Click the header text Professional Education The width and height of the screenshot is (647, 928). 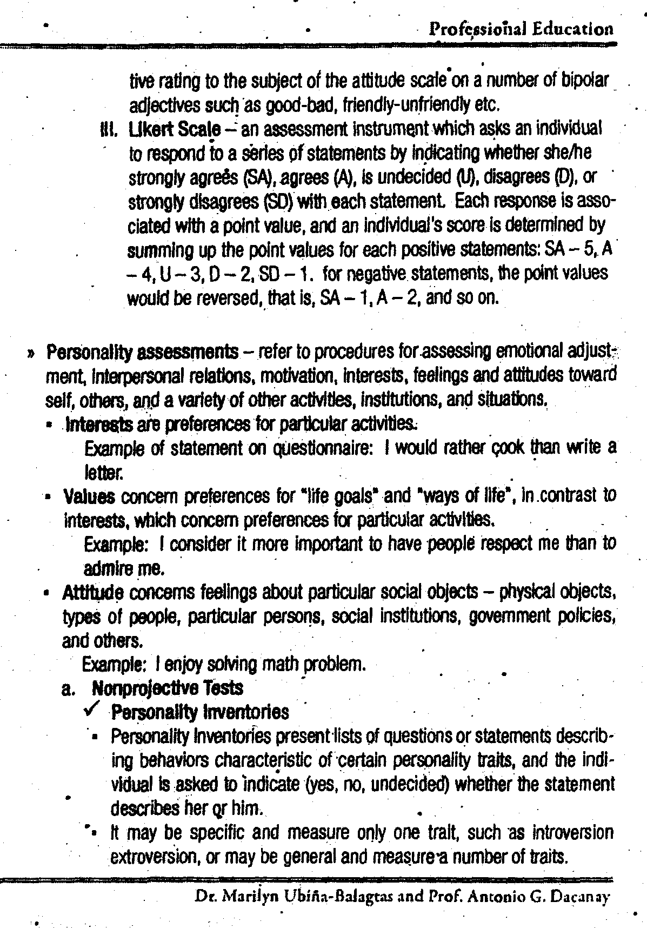point(521,29)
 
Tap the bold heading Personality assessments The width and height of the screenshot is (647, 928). point(143,352)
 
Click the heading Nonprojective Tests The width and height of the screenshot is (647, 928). point(168,688)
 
